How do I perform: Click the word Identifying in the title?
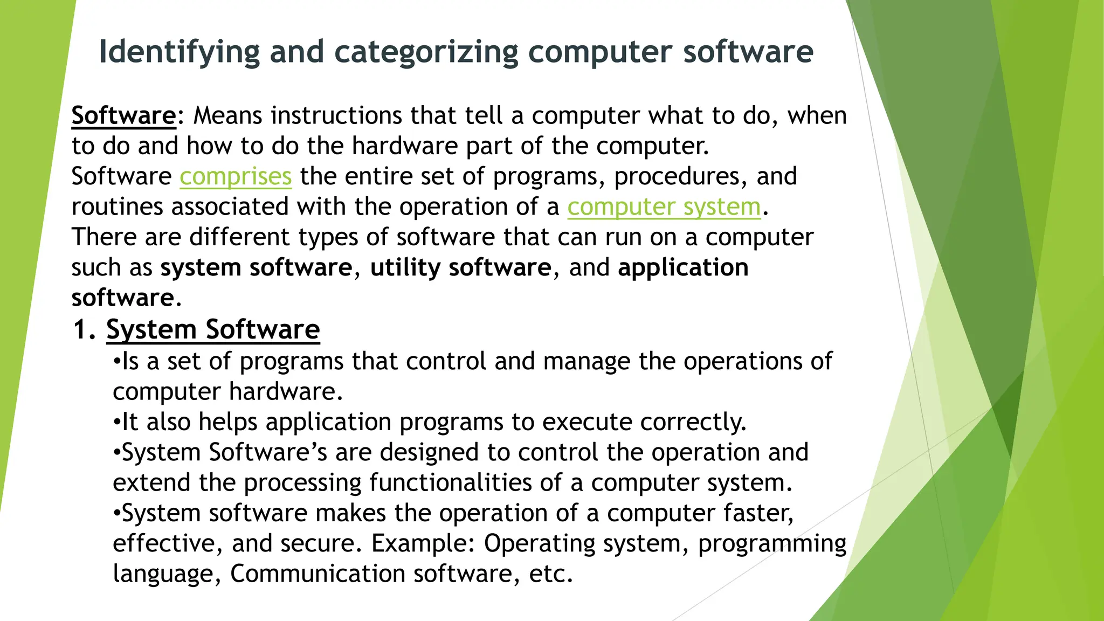pyautogui.click(x=180, y=52)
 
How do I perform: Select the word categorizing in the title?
pyautogui.click(x=426, y=52)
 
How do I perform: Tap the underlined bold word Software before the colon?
pyautogui.click(x=123, y=116)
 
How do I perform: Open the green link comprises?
pyautogui.click(x=236, y=177)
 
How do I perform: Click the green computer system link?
pyautogui.click(x=664, y=207)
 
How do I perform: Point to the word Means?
pyautogui.click(x=227, y=116)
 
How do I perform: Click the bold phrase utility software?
pyautogui.click(x=460, y=268)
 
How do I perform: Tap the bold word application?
pyautogui.click(x=683, y=268)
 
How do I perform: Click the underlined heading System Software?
pyautogui.click(x=213, y=330)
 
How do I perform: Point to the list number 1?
pyautogui.click(x=84, y=330)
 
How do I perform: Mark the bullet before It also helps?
pyautogui.click(x=116, y=422)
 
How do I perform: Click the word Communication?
pyautogui.click(x=318, y=574)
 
